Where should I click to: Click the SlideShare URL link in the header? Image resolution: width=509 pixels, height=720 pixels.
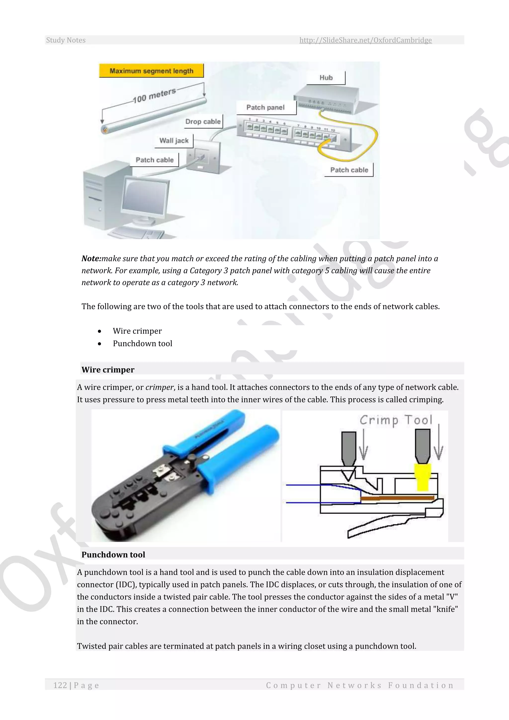click(365, 40)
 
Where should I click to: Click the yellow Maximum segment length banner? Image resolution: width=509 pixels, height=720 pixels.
click(151, 71)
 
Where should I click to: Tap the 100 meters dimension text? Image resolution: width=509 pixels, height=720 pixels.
click(154, 95)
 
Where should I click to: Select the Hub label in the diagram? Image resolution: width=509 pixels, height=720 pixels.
click(326, 78)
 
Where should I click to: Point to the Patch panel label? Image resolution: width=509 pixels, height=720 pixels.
click(265, 108)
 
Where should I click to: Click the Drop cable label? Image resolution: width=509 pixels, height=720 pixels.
click(203, 122)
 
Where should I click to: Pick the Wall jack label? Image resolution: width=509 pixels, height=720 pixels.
click(174, 141)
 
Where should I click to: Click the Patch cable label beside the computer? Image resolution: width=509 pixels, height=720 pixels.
click(155, 160)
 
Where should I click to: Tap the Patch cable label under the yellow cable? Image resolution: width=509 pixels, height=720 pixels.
click(349, 170)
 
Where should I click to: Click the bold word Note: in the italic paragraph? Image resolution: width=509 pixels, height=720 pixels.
click(91, 259)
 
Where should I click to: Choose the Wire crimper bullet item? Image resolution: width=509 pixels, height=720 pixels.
click(137, 331)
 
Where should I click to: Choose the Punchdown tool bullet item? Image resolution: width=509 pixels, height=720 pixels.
click(142, 344)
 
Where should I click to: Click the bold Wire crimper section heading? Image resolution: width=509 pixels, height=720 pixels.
click(108, 370)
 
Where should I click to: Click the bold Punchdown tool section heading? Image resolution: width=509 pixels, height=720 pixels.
click(113, 555)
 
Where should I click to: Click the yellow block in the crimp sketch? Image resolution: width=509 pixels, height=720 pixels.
click(423, 477)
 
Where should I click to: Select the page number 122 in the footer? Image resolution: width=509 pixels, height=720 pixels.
click(60, 685)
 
